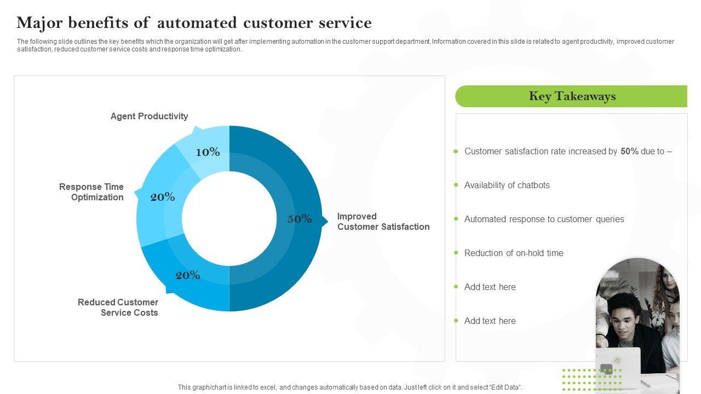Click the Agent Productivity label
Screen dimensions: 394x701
149,116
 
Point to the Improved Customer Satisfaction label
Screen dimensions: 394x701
383,222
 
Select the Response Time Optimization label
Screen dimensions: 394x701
91,192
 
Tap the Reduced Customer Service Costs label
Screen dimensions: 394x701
118,308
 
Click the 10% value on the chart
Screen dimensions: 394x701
208,152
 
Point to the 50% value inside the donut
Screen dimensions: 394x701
300,219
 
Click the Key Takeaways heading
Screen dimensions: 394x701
572,96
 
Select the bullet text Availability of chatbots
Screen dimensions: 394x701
507,185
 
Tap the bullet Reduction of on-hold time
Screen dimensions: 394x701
514,253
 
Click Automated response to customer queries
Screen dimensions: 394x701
544,219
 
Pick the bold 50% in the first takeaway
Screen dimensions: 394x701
629,151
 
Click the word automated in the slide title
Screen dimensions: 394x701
197,23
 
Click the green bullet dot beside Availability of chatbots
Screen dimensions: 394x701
456,185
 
